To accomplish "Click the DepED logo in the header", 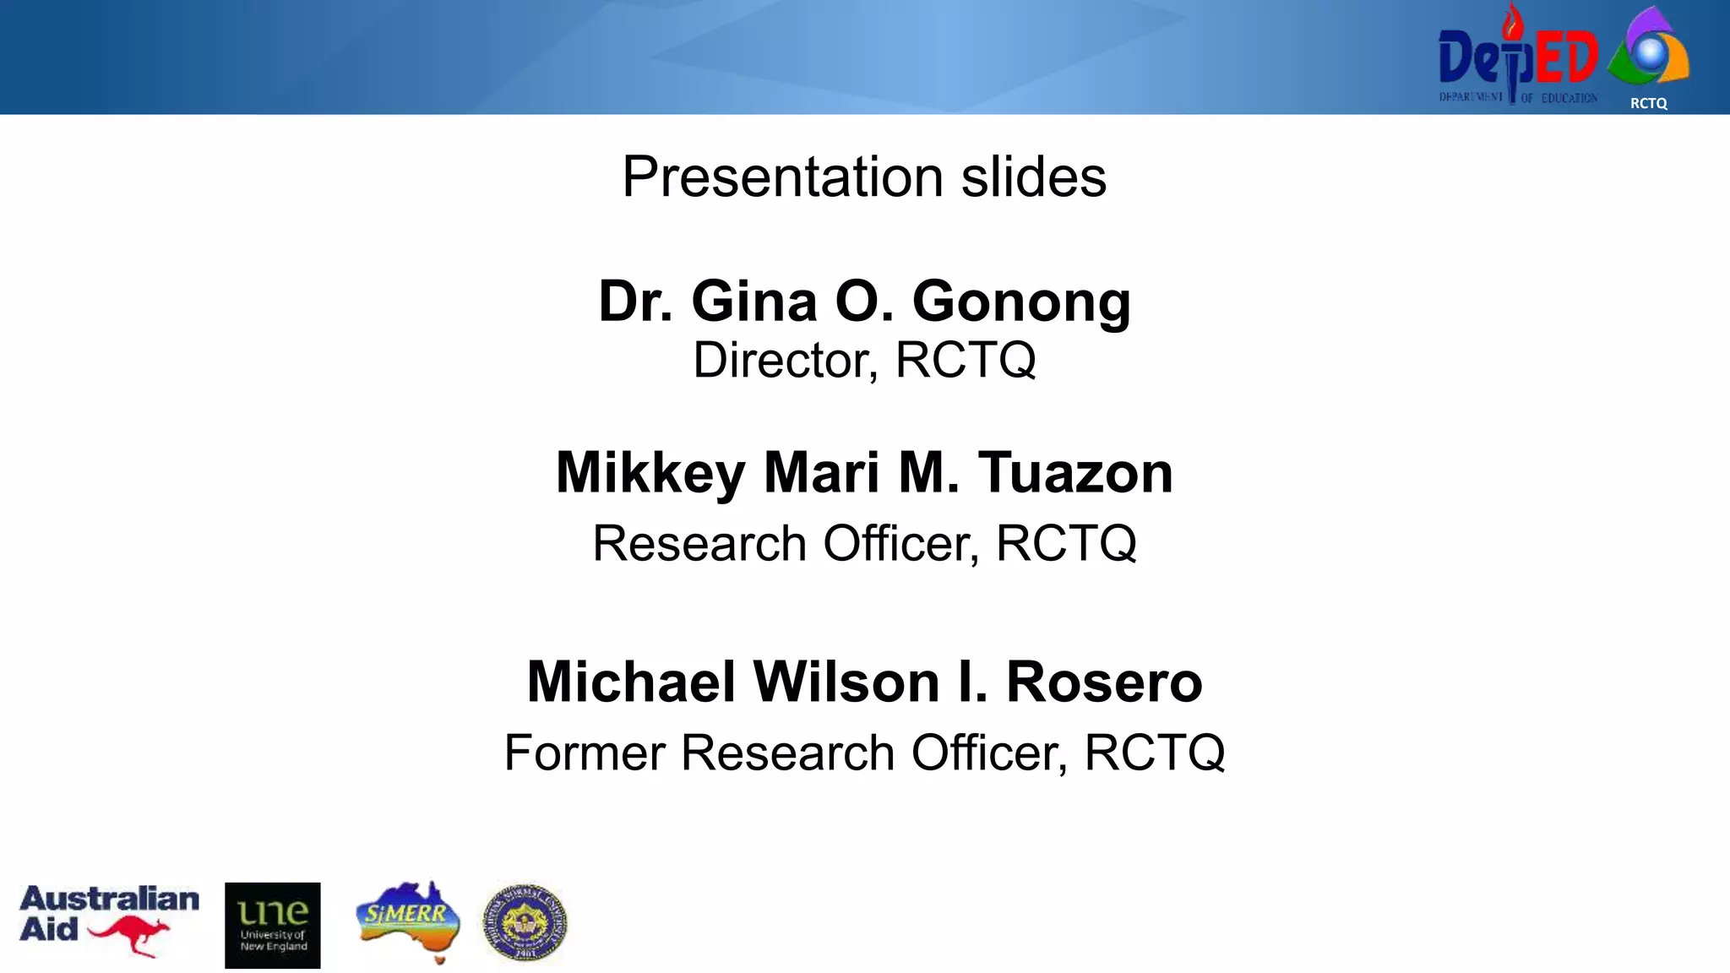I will click(1517, 57).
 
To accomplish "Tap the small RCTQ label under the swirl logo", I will click(1648, 103).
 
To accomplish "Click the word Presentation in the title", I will click(781, 177).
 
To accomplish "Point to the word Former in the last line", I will click(584, 753).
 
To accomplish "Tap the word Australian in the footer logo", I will click(110, 899).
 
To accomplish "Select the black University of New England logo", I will click(272, 925).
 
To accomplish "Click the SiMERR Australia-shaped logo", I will click(409, 919).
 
